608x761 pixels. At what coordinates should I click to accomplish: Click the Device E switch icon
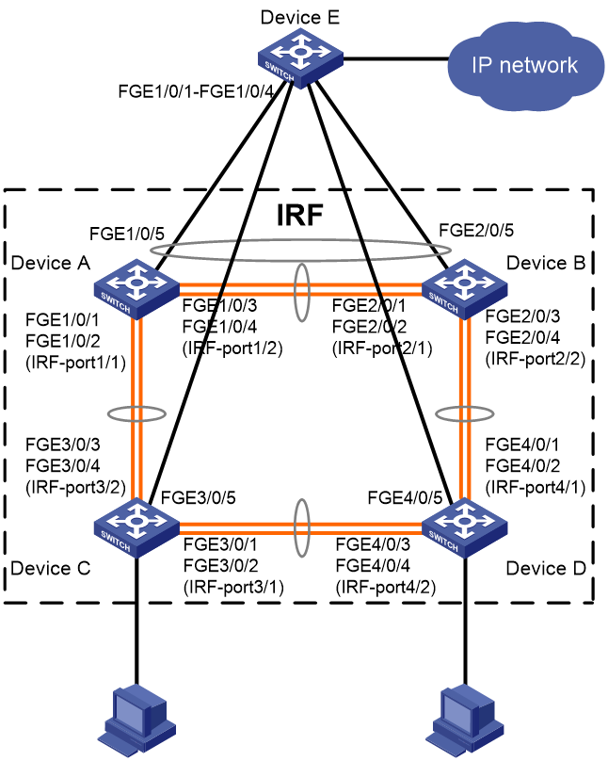click(x=300, y=58)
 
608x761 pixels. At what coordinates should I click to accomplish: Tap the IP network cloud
click(x=524, y=66)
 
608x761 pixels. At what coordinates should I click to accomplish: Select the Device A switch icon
click(x=136, y=289)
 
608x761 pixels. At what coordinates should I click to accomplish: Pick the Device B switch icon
click(x=465, y=289)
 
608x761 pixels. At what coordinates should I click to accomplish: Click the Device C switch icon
click(x=136, y=528)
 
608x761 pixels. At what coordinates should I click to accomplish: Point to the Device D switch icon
click(x=465, y=528)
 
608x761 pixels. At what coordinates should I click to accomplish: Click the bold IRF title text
click(x=299, y=215)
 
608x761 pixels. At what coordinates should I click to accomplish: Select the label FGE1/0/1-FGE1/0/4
click(x=197, y=91)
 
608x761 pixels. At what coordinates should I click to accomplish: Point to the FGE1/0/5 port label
click(x=127, y=234)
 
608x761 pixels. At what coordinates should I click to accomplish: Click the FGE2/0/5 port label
click(x=476, y=230)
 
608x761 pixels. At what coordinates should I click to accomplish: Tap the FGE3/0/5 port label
click(x=198, y=497)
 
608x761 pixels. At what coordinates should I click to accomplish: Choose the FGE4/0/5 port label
click(x=405, y=497)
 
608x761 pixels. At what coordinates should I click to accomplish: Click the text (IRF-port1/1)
click(x=75, y=363)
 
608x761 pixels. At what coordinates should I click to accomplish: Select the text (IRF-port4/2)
click(x=386, y=588)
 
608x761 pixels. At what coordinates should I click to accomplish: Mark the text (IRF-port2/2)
click(x=536, y=359)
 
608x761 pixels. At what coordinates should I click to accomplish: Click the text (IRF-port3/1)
click(x=233, y=588)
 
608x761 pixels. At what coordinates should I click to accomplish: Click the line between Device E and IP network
click(x=395, y=59)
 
